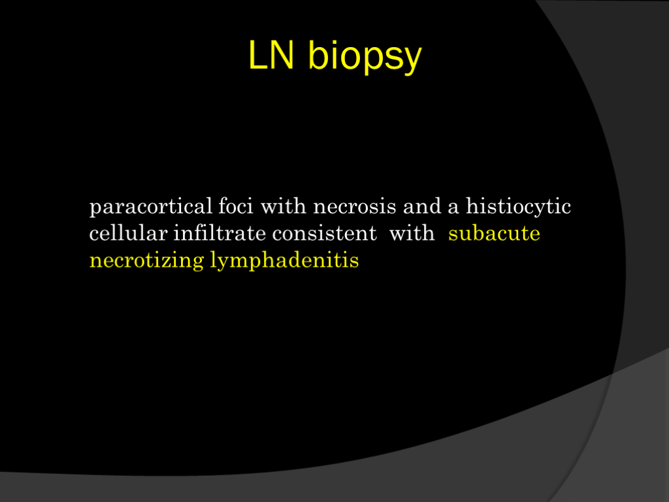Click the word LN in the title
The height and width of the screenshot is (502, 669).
(271, 55)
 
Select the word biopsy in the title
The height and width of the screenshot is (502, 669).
(365, 57)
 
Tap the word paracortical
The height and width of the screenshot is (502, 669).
(151, 207)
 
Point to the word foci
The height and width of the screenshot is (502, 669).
(235, 206)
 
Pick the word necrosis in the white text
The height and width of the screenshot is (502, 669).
(355, 207)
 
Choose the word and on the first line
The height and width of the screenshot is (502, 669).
(422, 206)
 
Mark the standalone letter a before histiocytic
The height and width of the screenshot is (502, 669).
(453, 209)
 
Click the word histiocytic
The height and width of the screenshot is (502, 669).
(518, 207)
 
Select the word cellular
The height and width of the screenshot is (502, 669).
(128, 233)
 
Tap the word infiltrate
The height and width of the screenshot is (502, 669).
(220, 233)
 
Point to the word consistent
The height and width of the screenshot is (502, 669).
(324, 233)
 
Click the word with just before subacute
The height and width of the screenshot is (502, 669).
(412, 233)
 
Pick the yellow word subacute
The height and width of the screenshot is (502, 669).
(494, 233)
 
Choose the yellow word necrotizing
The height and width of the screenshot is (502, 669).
(146, 261)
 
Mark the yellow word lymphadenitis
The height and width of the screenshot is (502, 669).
(284, 260)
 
